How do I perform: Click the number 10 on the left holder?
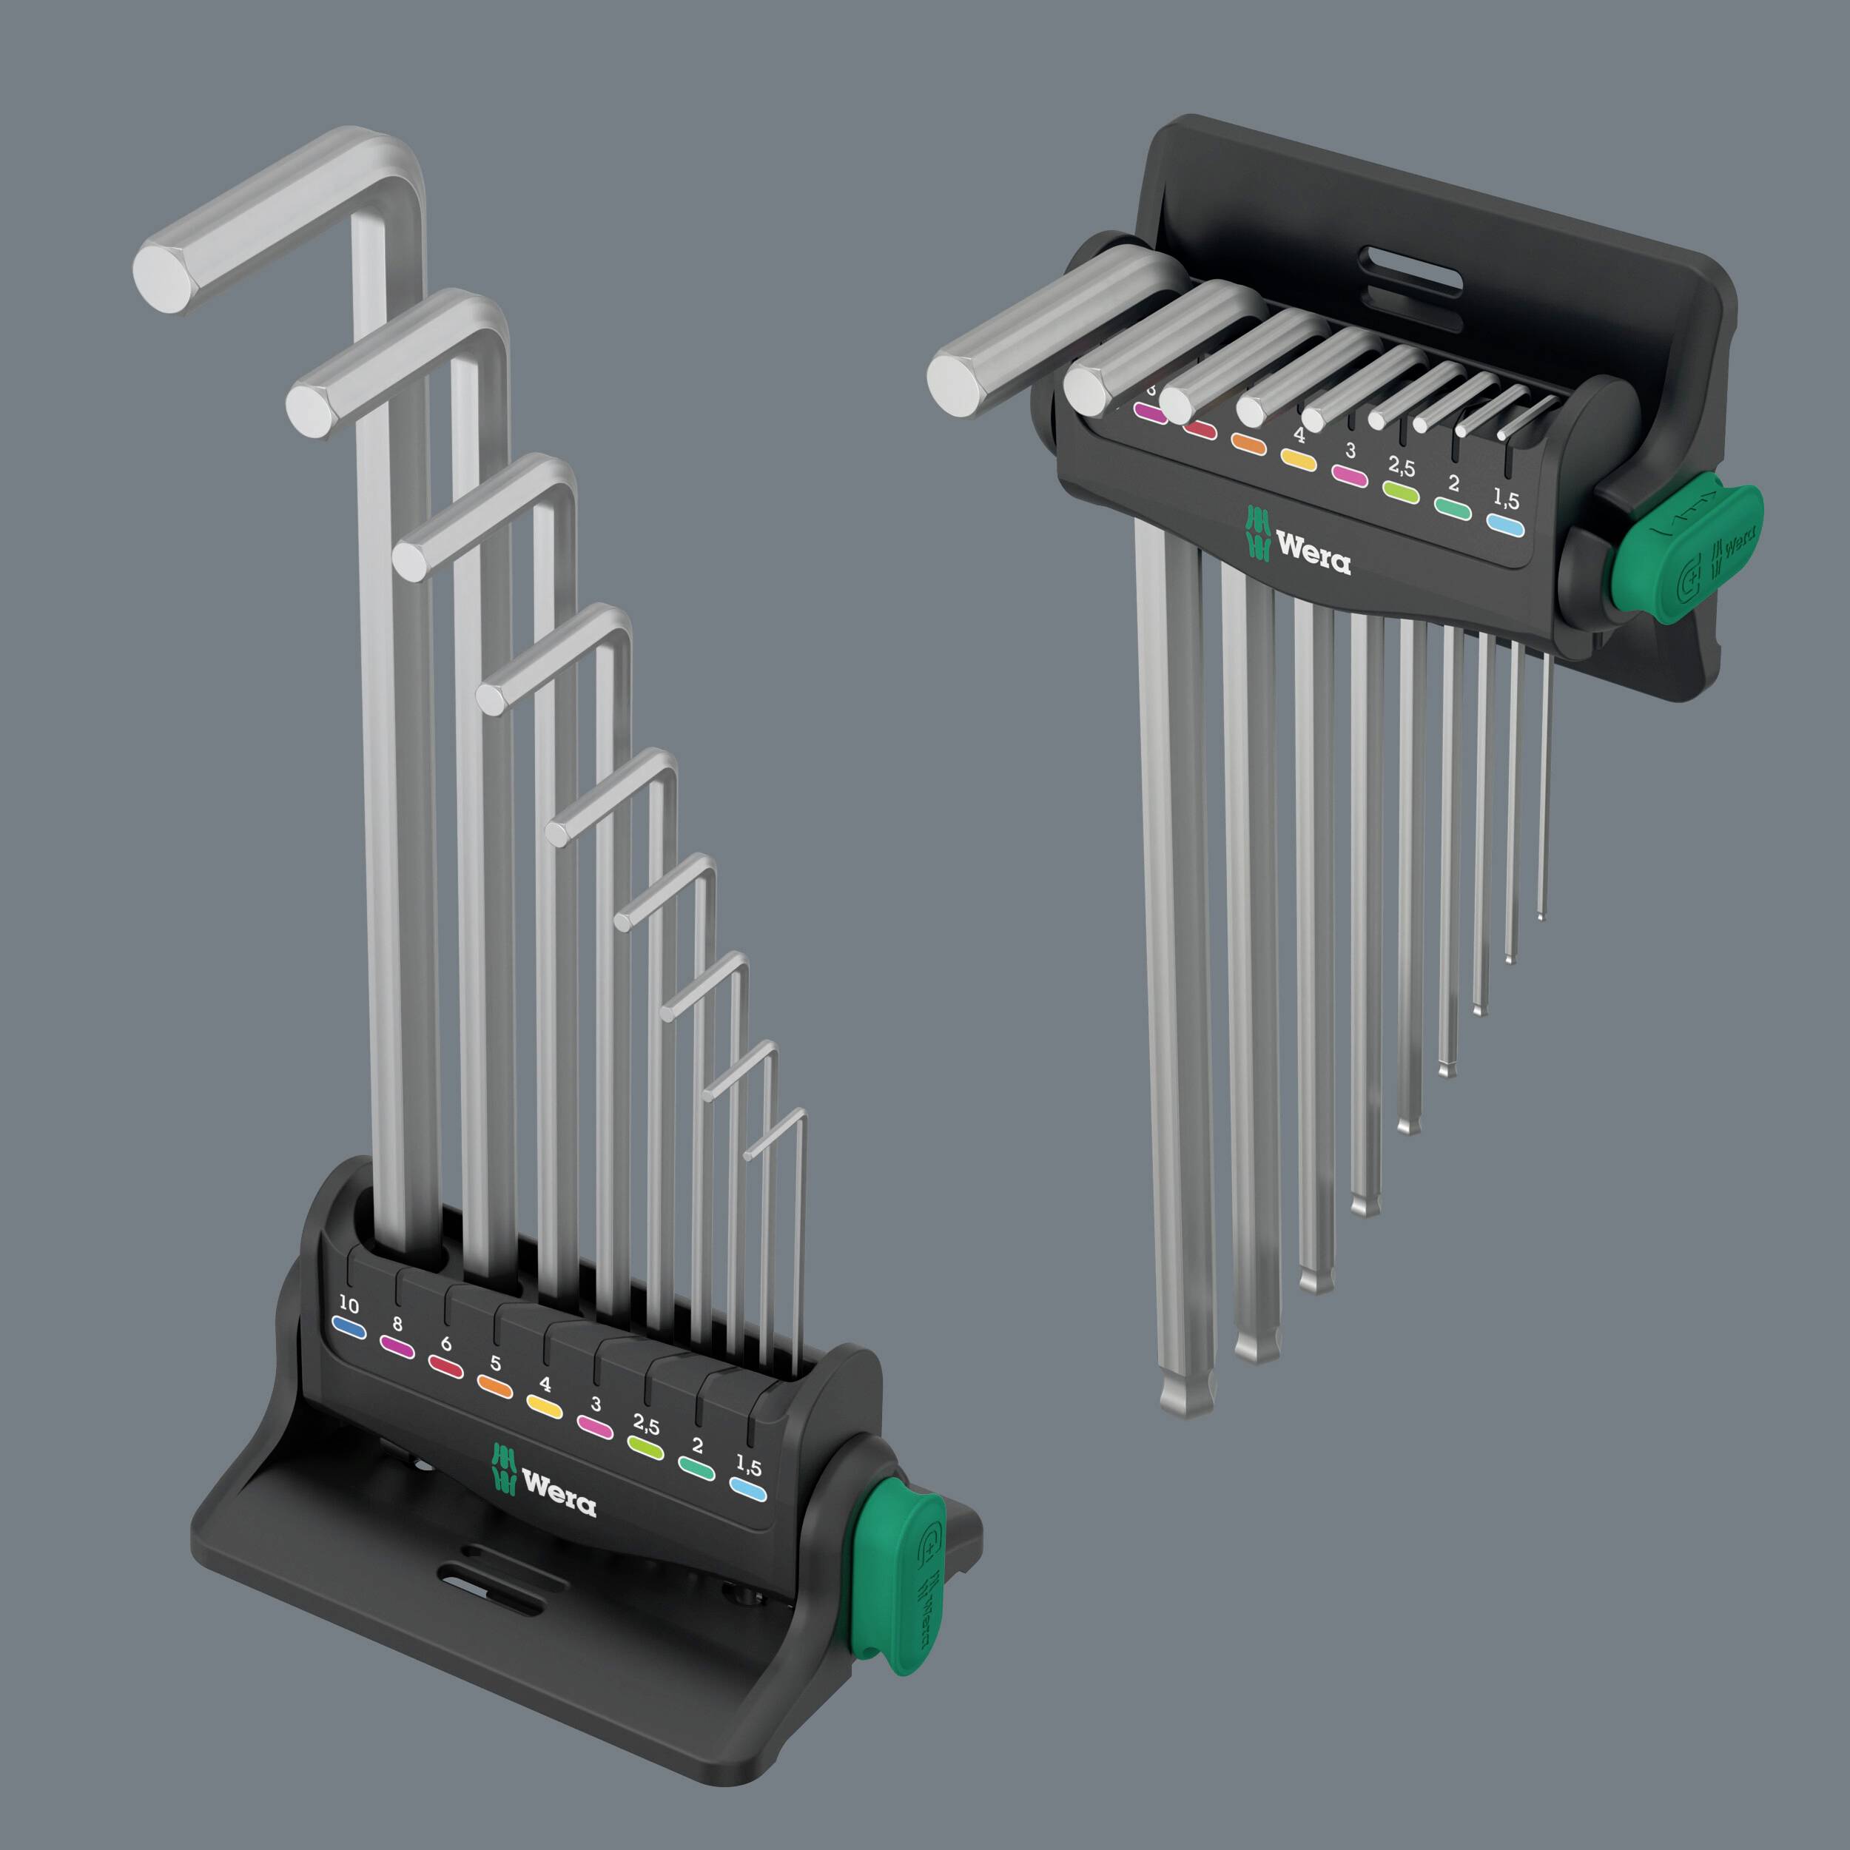349,1305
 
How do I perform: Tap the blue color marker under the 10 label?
349,1328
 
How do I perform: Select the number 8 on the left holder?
397,1325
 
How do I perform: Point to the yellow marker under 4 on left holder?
544,1406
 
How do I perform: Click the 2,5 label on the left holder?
646,1424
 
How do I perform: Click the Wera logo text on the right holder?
1313,554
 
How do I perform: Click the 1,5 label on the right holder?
1506,499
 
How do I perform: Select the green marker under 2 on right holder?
1452,508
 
